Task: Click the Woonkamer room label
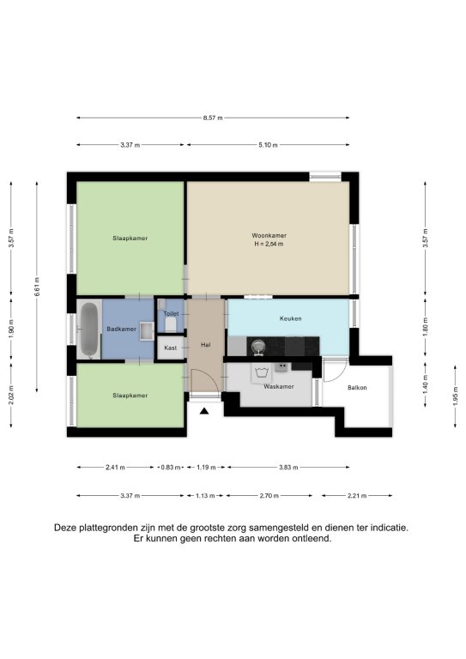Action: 269,235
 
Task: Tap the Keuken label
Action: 290,318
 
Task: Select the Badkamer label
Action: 121,329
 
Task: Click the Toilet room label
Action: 171,313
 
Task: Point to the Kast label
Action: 170,348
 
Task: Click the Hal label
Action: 205,345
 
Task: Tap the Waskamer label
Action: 279,387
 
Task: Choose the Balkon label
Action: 357,388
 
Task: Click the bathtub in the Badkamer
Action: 89,329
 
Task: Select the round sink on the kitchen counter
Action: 257,347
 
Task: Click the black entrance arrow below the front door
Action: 204,411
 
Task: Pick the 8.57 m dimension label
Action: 213,118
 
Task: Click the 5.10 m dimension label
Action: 268,145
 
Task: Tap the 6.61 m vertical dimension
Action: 37,287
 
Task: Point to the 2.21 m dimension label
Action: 358,496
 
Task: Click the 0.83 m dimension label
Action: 171,468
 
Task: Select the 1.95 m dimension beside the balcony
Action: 455,396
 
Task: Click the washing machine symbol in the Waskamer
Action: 262,372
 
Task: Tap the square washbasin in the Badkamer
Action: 147,331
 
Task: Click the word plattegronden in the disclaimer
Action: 106,528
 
